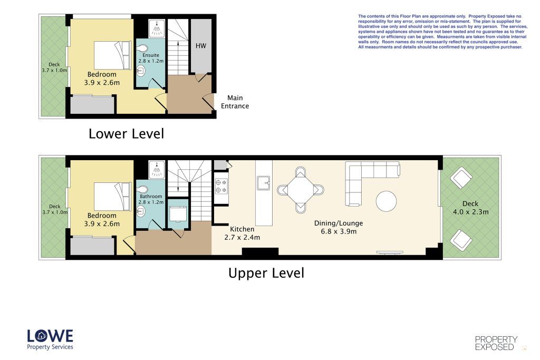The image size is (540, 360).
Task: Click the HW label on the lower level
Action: point(201,46)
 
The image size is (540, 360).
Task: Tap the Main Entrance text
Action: point(235,102)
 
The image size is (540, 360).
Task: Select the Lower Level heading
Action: point(127,133)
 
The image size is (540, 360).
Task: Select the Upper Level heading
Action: point(266,273)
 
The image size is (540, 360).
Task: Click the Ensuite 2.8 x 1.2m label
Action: point(151,58)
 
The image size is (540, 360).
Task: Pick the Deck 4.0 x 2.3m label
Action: point(470,208)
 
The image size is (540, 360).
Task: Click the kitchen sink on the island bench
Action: point(264,183)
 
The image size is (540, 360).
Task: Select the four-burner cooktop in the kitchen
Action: point(221,186)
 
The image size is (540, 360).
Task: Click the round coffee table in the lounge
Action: point(386,201)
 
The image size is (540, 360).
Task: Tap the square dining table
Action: point(301,190)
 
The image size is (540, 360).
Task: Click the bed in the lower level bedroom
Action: point(113,55)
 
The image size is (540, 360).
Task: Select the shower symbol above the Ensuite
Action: point(157,28)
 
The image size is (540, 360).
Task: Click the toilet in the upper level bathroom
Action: point(142,190)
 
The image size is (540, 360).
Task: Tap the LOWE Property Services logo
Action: point(50,339)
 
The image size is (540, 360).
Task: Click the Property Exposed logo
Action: point(496,343)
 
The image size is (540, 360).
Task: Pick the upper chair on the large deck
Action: point(461,178)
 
